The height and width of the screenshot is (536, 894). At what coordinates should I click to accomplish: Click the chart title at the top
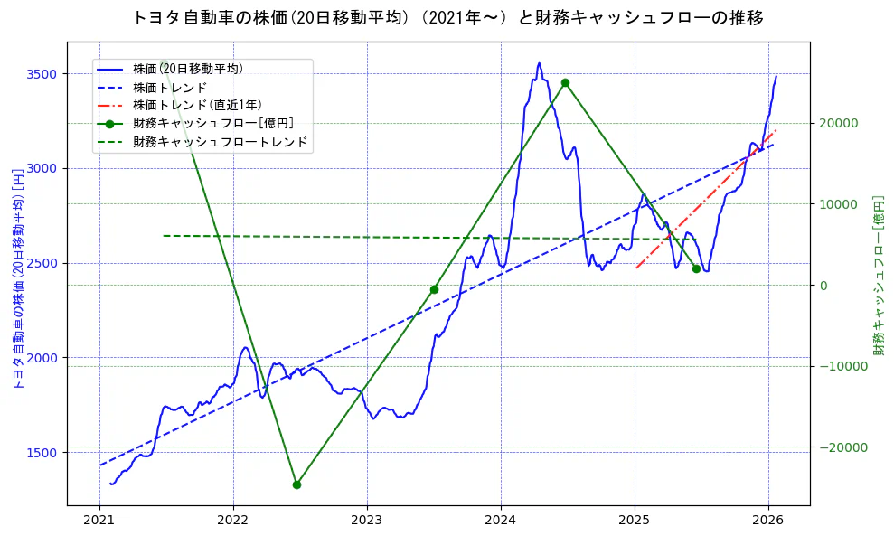447,18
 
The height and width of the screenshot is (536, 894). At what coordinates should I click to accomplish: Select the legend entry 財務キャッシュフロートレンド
220,142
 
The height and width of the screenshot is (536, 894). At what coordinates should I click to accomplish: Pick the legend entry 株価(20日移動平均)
187,68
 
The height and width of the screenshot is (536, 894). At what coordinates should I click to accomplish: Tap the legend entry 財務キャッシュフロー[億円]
212,123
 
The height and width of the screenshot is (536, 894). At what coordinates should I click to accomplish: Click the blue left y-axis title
17,278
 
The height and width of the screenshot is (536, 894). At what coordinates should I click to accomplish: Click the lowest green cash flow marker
296,484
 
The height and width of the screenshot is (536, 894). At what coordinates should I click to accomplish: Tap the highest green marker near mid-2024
565,82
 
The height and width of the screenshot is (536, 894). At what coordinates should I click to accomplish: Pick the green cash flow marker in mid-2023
434,289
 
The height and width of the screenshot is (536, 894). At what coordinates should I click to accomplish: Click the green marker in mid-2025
696,268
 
